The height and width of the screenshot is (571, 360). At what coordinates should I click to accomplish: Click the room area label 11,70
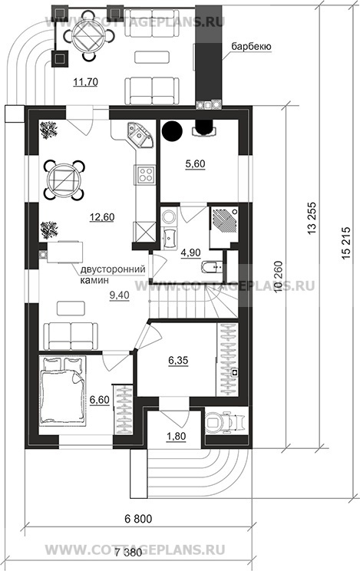[85, 82]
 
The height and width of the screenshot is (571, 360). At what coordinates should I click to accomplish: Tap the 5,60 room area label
[195, 164]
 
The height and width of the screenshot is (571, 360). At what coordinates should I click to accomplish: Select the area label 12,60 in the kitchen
[102, 217]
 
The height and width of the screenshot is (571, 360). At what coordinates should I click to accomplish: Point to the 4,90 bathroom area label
[191, 253]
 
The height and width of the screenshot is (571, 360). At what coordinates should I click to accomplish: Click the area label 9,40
[120, 295]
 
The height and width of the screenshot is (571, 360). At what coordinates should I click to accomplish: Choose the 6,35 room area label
[178, 361]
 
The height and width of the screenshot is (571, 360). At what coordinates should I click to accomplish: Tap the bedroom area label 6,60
[100, 400]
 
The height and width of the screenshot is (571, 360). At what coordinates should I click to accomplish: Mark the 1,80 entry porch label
[177, 436]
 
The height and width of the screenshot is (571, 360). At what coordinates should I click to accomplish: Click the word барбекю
[251, 47]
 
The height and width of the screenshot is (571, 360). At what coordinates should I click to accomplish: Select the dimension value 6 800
[138, 519]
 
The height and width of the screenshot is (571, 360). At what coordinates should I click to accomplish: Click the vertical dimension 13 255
[313, 219]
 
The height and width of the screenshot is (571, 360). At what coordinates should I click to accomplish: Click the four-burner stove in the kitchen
[145, 174]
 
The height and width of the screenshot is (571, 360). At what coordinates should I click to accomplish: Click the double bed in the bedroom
[62, 391]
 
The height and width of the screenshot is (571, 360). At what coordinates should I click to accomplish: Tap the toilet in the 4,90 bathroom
[211, 267]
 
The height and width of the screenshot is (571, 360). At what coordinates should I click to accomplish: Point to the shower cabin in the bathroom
[223, 227]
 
